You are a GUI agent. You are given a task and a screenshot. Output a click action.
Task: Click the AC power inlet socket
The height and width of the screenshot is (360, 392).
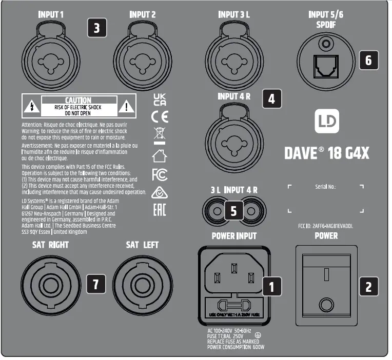(x=233, y=277)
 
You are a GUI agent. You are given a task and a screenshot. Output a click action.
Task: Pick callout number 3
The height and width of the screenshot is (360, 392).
(x=97, y=28)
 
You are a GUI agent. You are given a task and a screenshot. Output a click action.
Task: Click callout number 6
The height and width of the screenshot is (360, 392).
(x=369, y=60)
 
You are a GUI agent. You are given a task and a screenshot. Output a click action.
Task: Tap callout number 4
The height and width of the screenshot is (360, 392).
(x=272, y=98)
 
